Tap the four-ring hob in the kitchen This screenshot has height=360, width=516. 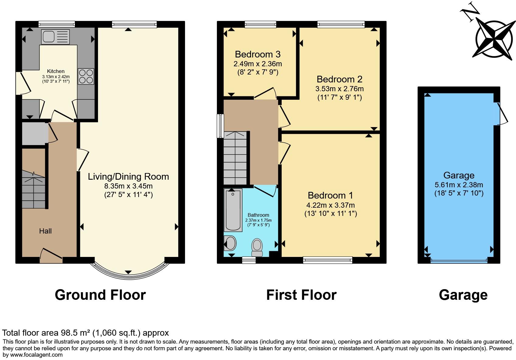[x=86, y=76]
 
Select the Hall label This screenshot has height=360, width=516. [x=45, y=231]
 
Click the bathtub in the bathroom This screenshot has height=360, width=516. [x=233, y=210]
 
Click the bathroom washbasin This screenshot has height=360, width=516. [x=230, y=243]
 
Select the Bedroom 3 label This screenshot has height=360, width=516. [x=257, y=54]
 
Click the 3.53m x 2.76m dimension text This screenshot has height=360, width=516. [x=339, y=89]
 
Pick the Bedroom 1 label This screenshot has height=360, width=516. [x=330, y=195]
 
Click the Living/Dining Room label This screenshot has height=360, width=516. [x=128, y=177]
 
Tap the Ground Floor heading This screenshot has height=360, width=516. [x=100, y=295]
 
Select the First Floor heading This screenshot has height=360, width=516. [x=301, y=295]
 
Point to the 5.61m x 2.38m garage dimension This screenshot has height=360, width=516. [x=459, y=185]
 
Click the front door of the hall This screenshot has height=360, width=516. [x=51, y=256]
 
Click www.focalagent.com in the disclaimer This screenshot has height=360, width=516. [x=36, y=355]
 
